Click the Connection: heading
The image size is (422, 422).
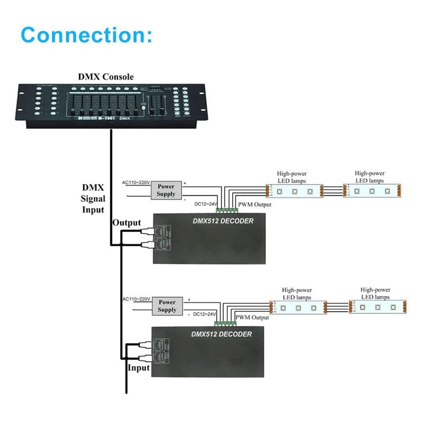(87, 35)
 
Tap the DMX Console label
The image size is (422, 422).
(106, 77)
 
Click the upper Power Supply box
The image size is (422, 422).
(166, 190)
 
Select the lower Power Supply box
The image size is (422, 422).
(167, 306)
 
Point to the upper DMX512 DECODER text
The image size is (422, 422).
(223, 221)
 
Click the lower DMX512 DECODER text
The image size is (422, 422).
(221, 334)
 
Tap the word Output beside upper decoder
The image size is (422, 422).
(127, 223)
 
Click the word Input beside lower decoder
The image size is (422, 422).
(139, 367)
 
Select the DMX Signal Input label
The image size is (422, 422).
(93, 199)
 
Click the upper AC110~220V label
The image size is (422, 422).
(136, 183)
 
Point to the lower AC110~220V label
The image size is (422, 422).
(136, 299)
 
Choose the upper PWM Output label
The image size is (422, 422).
(255, 204)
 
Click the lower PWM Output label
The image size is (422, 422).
(252, 317)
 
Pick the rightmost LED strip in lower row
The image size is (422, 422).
(377, 306)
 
